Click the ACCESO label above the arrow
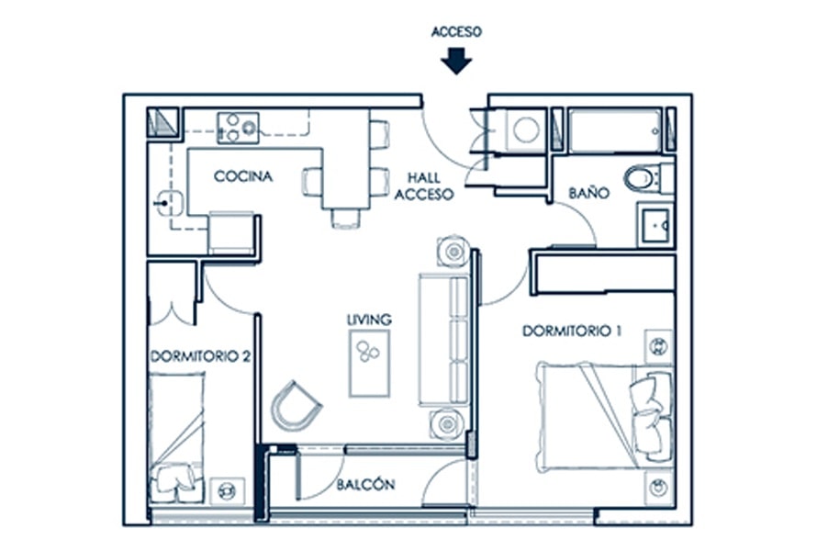click(x=456, y=32)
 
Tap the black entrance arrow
click(x=456, y=61)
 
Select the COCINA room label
click(x=243, y=176)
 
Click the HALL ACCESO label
click(x=424, y=186)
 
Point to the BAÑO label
click(x=588, y=193)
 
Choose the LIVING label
click(x=369, y=319)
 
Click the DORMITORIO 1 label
click(x=572, y=331)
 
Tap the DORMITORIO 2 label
click(x=201, y=356)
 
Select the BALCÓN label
click(x=365, y=484)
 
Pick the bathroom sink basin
click(x=655, y=225)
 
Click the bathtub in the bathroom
click(x=615, y=130)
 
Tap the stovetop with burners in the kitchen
click(x=238, y=128)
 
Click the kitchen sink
click(x=169, y=203)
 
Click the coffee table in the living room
click(x=369, y=364)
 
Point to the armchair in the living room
click(x=295, y=406)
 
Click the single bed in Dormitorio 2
click(x=176, y=438)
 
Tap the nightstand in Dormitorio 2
click(x=227, y=490)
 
